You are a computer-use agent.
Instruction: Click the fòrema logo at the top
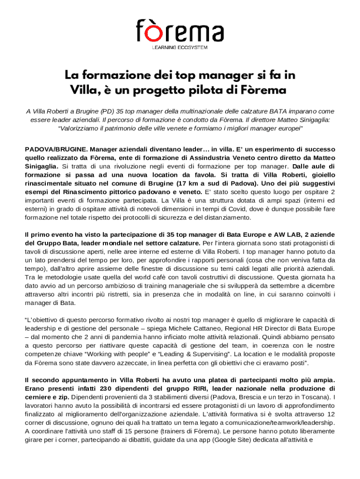(180, 31)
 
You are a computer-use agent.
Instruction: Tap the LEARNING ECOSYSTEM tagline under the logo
(180, 47)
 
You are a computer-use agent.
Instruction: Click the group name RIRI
(200, 388)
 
